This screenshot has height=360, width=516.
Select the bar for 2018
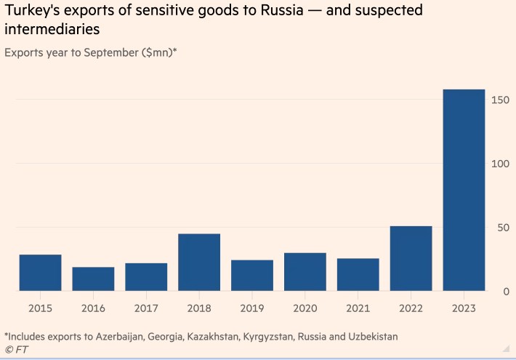tap(199, 262)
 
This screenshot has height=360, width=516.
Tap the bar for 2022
tap(411, 258)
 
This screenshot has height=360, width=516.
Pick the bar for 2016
tap(93, 279)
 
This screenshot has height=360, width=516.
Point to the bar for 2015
tap(40, 273)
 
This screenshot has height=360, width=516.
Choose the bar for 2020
tap(305, 272)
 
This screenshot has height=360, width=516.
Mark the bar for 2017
tap(146, 277)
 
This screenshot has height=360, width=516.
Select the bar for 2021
tap(358, 275)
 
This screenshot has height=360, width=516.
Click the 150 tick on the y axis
tap(499, 100)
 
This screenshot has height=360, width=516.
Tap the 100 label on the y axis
tap(499, 164)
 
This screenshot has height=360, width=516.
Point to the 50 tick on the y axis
tap(501, 228)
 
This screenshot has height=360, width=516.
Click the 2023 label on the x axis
tap(464, 308)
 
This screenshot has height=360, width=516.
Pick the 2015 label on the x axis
tap(40, 308)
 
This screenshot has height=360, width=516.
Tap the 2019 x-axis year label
tap(252, 308)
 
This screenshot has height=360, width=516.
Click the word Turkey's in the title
tap(33, 11)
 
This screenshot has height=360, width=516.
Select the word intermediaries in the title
tap(52, 30)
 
